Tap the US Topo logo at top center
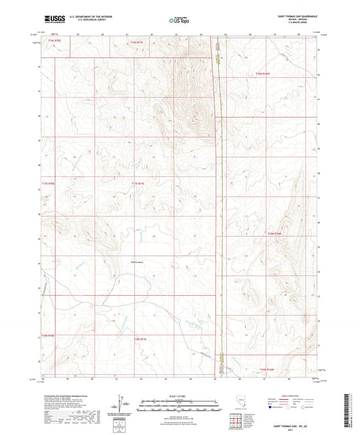[177, 21]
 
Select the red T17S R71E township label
[138, 183]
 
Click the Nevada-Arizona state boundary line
[217, 203]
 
